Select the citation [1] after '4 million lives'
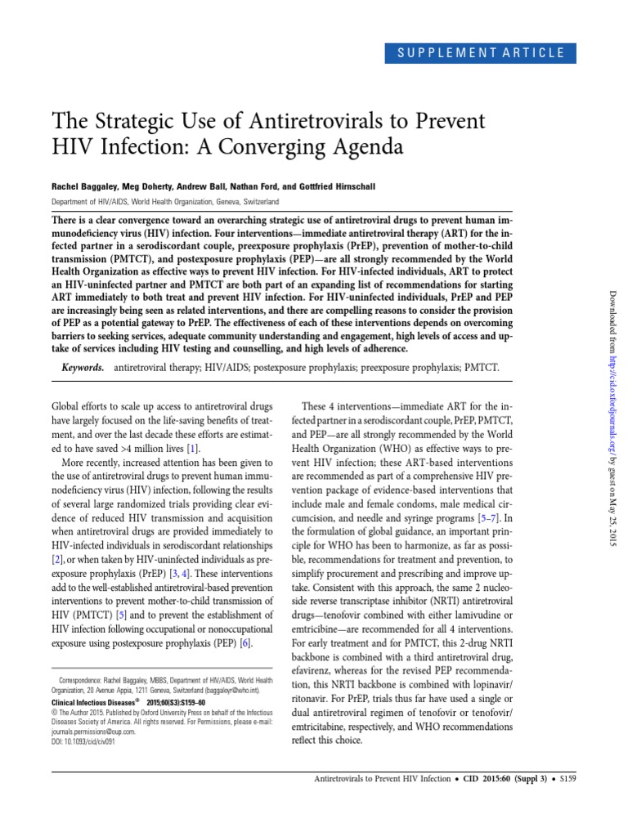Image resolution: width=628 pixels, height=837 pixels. click(x=191, y=449)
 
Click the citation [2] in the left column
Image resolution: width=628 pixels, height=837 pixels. click(x=57, y=558)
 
